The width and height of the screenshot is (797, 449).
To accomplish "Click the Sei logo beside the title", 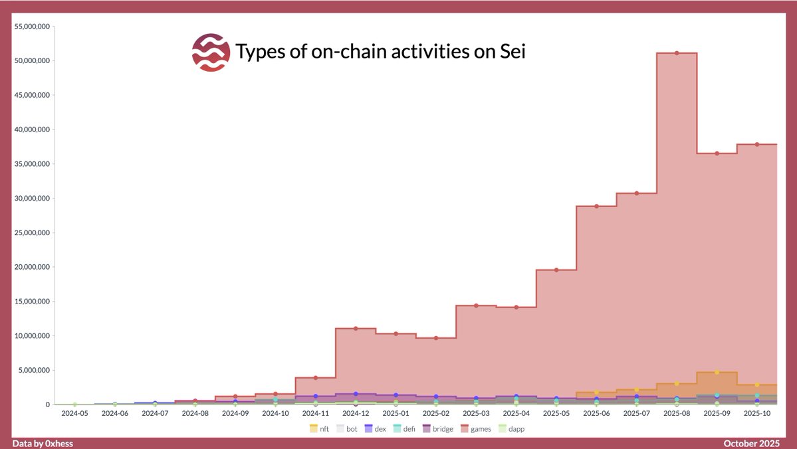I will pyautogui.click(x=211, y=52).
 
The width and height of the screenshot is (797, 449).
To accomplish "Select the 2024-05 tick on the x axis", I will pyautogui.click(x=74, y=413).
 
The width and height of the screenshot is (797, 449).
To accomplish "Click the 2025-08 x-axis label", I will pyautogui.click(x=676, y=413).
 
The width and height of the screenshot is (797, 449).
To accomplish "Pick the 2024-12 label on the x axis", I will pyautogui.click(x=355, y=413).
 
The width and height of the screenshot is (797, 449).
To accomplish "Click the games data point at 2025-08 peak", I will pyautogui.click(x=677, y=53).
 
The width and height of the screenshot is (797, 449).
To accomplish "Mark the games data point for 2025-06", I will pyautogui.click(x=596, y=206).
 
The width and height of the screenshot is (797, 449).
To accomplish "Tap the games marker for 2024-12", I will pyautogui.click(x=356, y=328).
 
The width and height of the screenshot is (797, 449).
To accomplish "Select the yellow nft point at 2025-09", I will pyautogui.click(x=717, y=372).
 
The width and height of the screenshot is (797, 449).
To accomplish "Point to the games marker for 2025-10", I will pyautogui.click(x=756, y=144).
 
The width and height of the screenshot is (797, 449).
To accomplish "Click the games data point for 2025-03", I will pyautogui.click(x=476, y=306).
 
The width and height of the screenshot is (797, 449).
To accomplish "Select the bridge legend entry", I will pyautogui.click(x=437, y=429).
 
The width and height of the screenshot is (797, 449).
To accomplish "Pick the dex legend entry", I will pyautogui.click(x=375, y=429).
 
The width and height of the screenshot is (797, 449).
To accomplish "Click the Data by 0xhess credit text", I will pyautogui.click(x=43, y=443).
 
